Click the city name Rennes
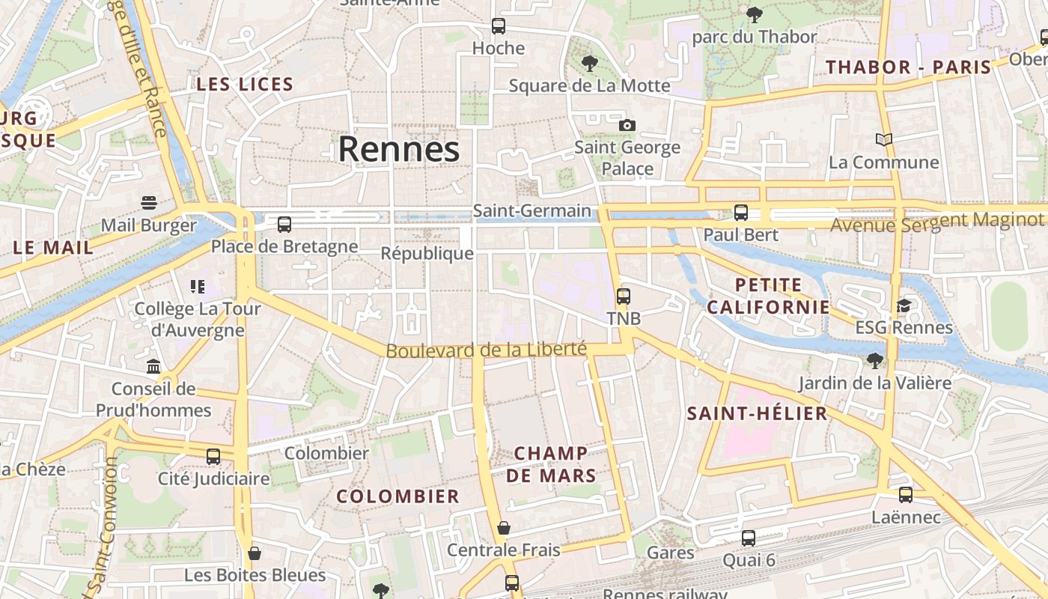click(x=398, y=149)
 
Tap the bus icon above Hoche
click(x=499, y=26)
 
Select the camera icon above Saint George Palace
click(x=627, y=125)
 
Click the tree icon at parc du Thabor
click(x=755, y=14)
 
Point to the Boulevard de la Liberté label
click(x=486, y=350)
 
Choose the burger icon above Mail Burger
click(x=149, y=203)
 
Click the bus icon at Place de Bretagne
click(x=284, y=224)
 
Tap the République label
click(x=427, y=253)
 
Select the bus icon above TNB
click(x=624, y=296)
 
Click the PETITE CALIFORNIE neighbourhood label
click(x=769, y=296)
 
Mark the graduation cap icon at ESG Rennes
click(x=904, y=305)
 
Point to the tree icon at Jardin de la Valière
click(x=874, y=361)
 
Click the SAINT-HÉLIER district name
click(x=758, y=413)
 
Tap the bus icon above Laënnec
click(x=906, y=495)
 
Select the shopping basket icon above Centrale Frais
click(x=504, y=528)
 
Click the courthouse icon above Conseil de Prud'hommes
click(x=153, y=366)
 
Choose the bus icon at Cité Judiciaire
click(x=213, y=456)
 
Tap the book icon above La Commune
click(x=884, y=139)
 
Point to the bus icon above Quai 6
click(x=749, y=538)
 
